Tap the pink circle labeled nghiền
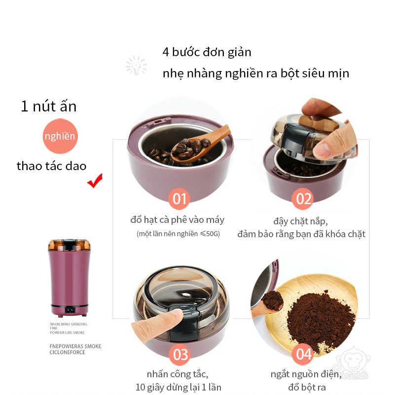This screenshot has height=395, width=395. pos(60,136)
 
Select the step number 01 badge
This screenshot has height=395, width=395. pos(179,199)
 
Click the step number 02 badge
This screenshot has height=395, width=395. pos(303,199)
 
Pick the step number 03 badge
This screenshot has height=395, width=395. pos(180,354)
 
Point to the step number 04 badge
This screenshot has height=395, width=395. pos(303,354)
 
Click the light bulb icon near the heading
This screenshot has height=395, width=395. pos(136,65)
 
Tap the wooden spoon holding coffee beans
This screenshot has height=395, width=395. pos(199,145)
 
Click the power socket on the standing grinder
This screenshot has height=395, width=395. pos(70,310)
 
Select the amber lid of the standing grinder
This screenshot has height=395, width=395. pos(69,245)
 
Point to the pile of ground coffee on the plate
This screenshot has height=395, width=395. pos(321,320)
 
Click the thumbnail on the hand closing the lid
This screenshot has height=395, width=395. pos(322,150)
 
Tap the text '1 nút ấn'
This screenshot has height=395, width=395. pos(49,106)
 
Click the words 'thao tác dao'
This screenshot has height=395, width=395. pos(52,166)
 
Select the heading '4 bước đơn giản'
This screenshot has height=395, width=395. pos(207,52)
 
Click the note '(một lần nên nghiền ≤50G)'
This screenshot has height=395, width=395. pos(178,234)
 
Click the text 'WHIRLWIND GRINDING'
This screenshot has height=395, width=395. pos(69,324)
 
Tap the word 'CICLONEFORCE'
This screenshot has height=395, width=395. pos(67,352)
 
